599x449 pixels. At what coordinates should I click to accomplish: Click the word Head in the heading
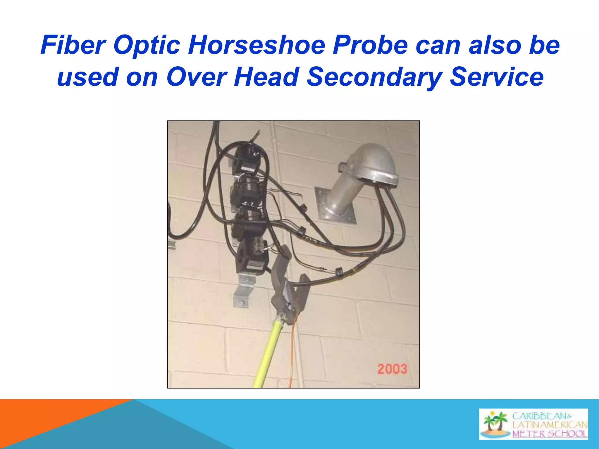point(266,77)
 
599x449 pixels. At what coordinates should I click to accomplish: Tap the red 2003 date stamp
point(392,369)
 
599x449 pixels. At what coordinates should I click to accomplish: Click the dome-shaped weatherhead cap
point(373,164)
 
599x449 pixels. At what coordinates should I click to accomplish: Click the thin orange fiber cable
point(292,351)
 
